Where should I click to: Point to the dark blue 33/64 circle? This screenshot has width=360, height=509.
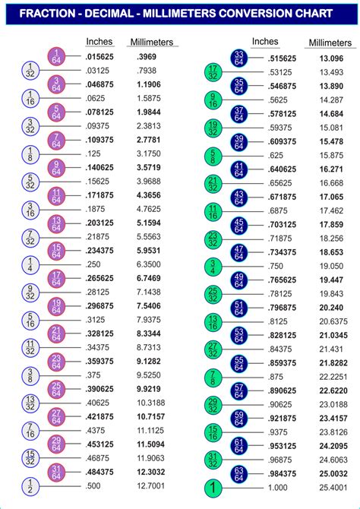click(x=238, y=58)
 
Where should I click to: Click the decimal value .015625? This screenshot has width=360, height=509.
click(x=103, y=58)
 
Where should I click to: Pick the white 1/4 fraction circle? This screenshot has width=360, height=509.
click(x=29, y=264)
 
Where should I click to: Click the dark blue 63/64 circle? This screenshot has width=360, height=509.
click(x=238, y=474)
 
